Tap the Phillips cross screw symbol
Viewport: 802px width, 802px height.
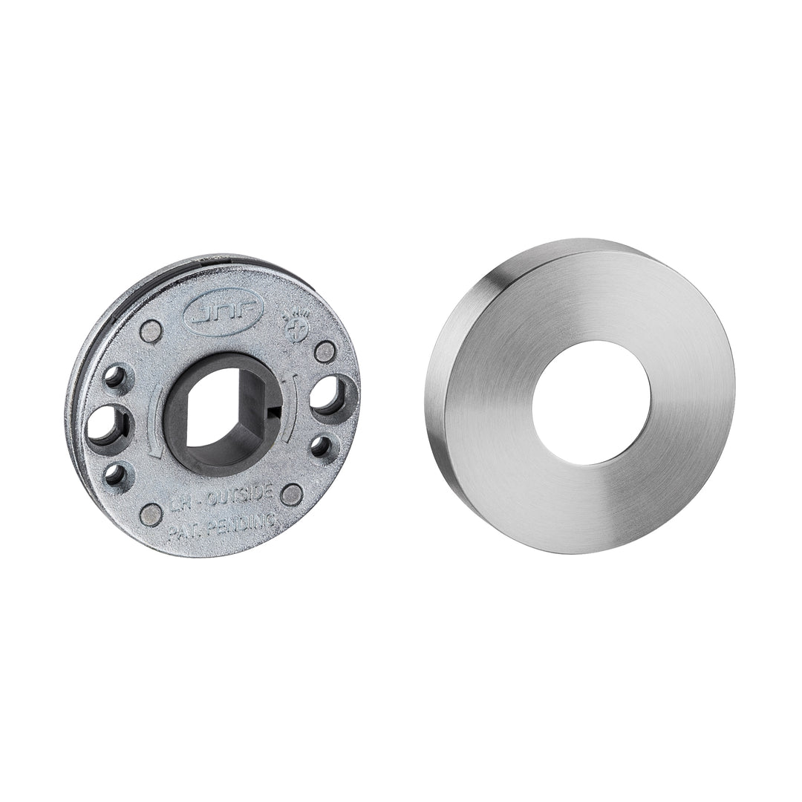coord(296,325)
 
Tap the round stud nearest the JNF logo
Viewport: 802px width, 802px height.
coord(151,331)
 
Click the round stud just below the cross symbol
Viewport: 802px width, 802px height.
coord(325,351)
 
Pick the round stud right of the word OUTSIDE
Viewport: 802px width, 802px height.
coord(292,495)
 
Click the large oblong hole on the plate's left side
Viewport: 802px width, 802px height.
coord(108,426)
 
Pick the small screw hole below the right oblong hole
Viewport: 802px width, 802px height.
coord(320,446)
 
